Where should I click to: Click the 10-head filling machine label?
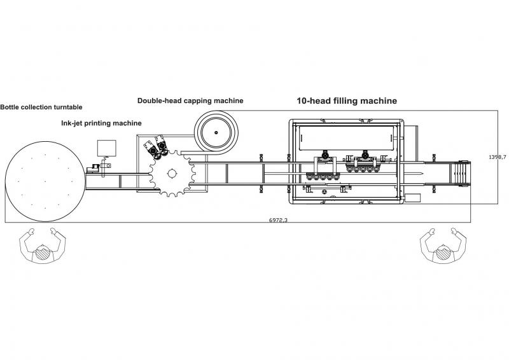click(347, 100)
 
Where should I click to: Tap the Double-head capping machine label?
click(190, 100)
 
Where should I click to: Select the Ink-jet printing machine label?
click(101, 123)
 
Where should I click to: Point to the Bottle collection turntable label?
click(41, 107)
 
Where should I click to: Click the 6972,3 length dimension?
click(278, 220)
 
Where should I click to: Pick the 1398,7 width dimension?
click(498, 157)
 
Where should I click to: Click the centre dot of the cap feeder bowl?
click(216, 132)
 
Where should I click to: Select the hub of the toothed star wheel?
click(172, 174)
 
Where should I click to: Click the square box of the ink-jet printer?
click(106, 148)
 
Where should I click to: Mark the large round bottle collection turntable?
click(45, 181)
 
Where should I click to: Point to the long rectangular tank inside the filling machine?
click(347, 138)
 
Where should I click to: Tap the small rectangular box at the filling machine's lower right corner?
click(412, 198)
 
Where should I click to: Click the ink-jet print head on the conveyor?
click(94, 168)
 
